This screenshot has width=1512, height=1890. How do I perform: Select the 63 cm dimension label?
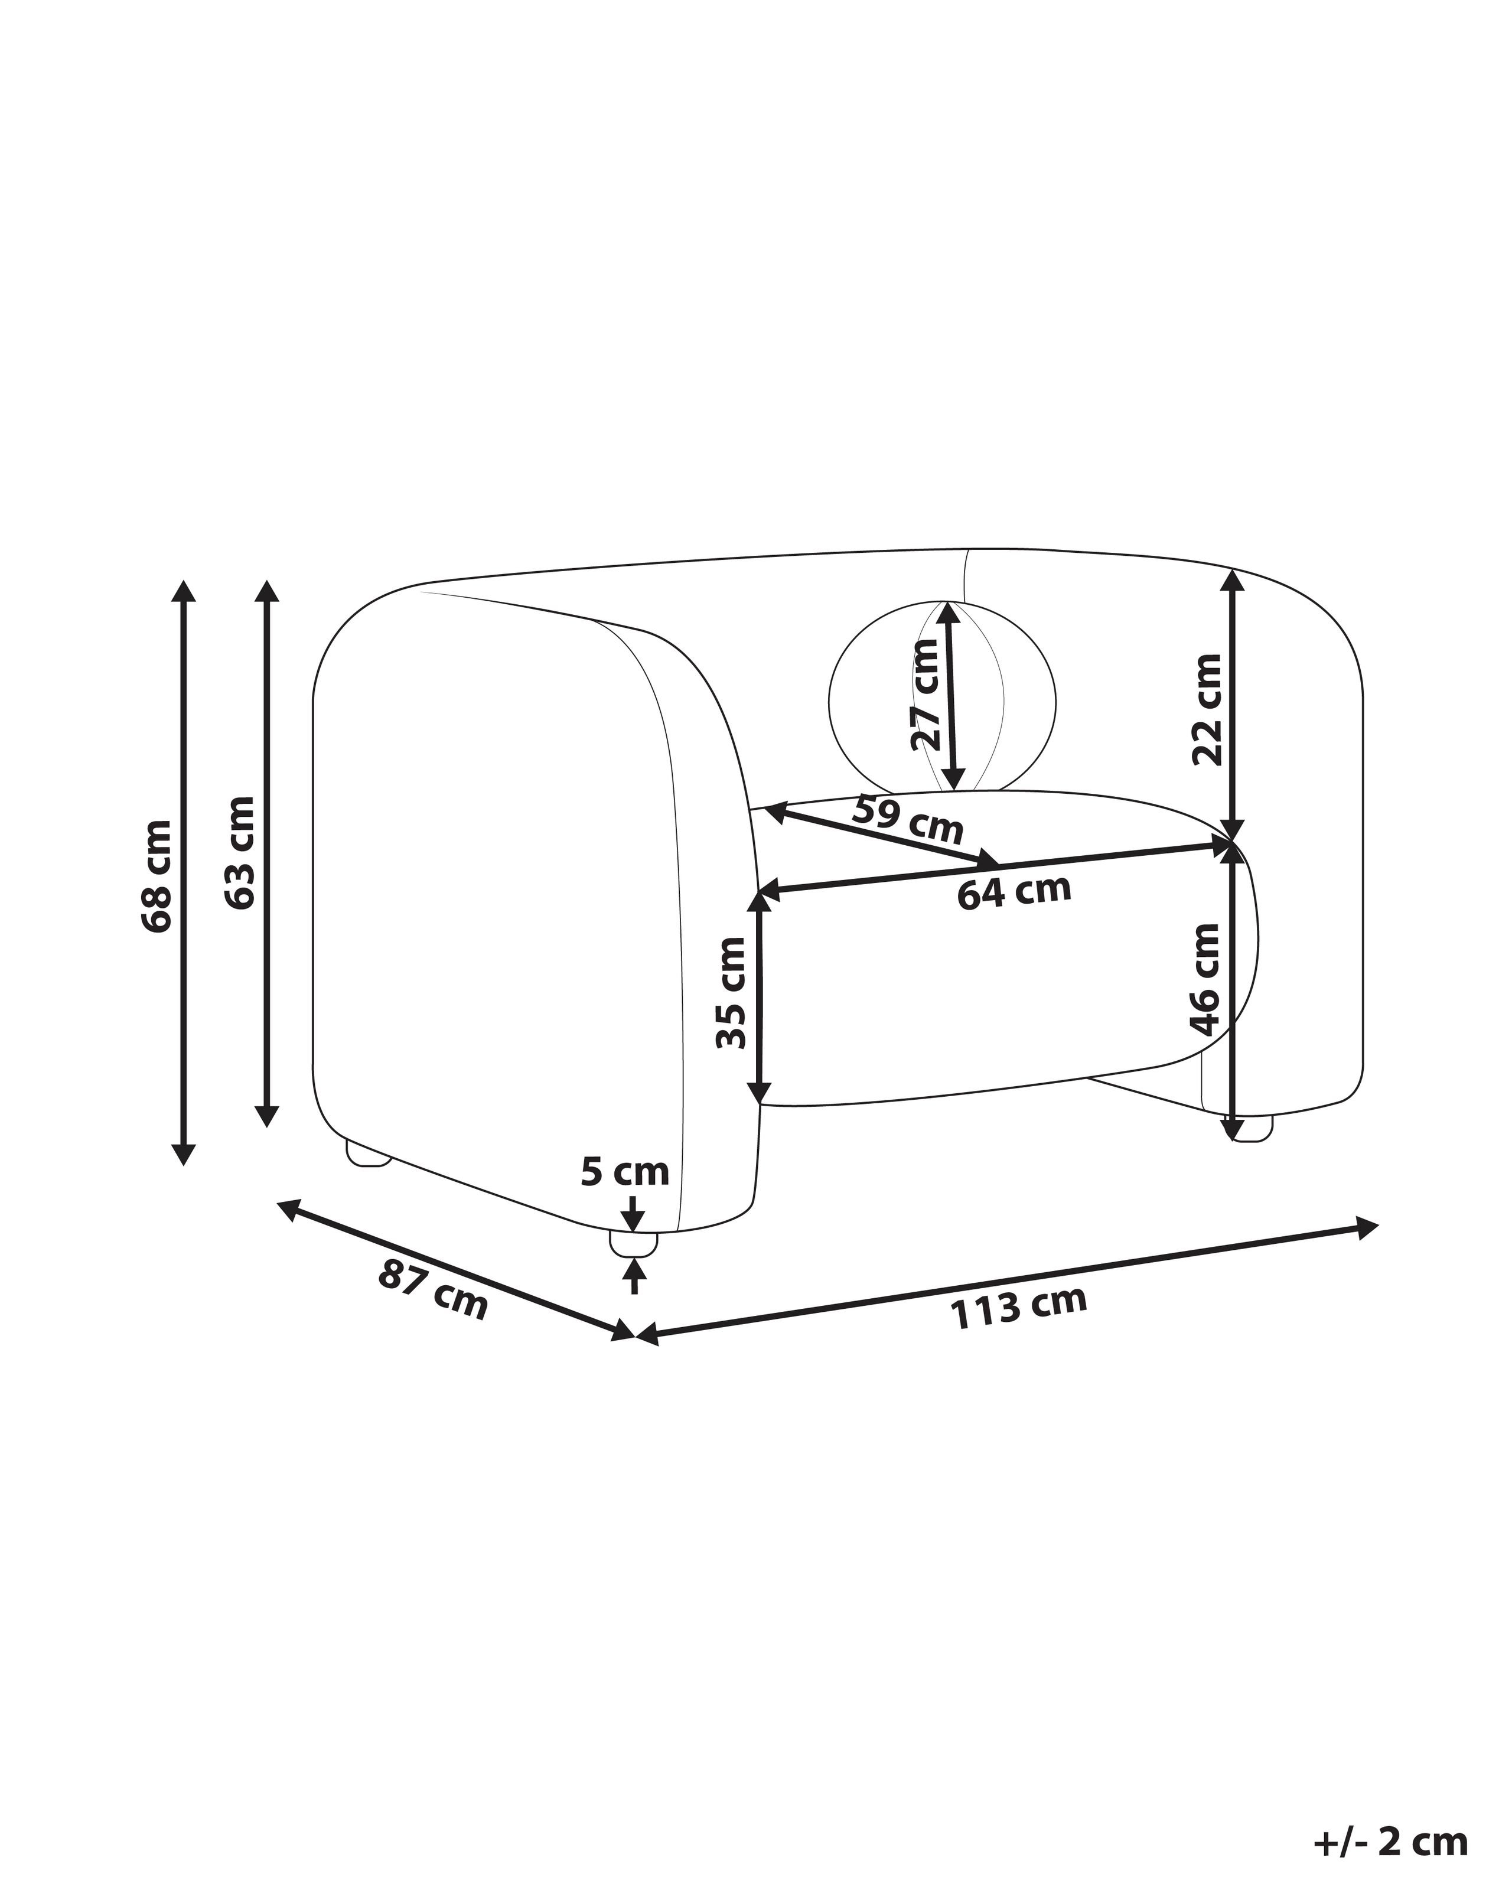click(x=239, y=853)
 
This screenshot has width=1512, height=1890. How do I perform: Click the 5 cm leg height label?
click(x=625, y=1171)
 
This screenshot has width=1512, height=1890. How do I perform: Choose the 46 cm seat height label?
click(x=1205, y=979)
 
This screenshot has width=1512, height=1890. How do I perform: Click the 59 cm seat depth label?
click(x=907, y=819)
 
